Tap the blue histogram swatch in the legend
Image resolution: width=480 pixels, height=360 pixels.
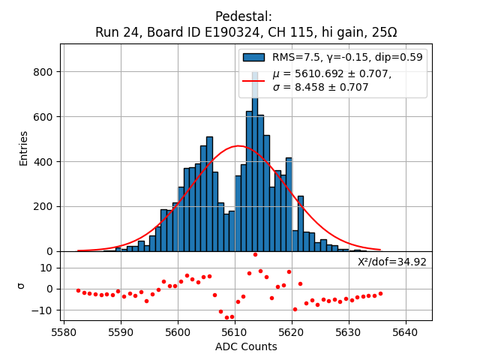coord(253,57)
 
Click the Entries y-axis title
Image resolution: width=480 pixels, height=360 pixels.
coord(24,148)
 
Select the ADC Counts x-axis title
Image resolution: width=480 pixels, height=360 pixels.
coord(246,346)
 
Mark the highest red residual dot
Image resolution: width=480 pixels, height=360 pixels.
coord(255,255)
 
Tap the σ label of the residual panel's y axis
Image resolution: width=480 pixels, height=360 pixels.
coord(20,286)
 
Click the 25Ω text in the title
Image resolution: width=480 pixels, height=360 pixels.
coord(383,32)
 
